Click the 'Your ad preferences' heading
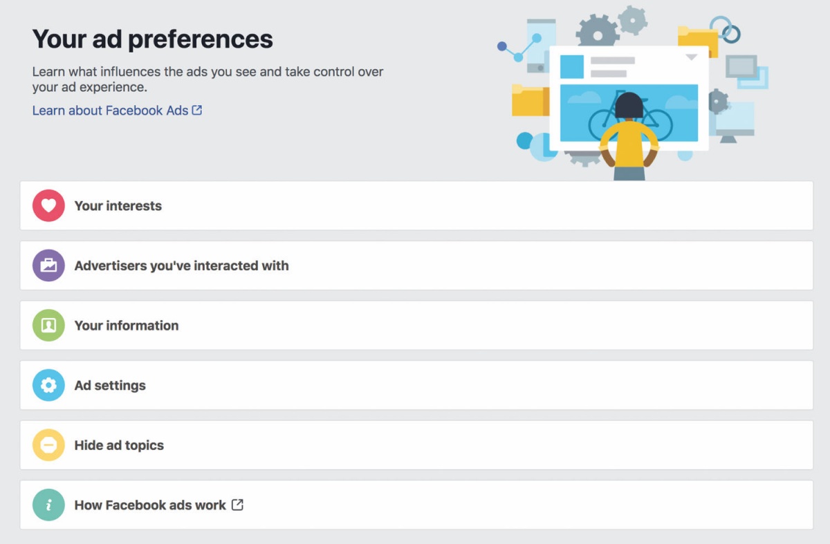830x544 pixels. (152, 39)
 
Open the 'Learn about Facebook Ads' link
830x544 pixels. (117, 111)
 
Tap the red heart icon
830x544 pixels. (48, 205)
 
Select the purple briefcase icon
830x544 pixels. (48, 265)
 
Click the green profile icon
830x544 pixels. (48, 325)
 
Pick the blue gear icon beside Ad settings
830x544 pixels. (48, 385)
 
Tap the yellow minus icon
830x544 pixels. (48, 444)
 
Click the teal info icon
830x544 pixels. (48, 505)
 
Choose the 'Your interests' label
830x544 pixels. (118, 206)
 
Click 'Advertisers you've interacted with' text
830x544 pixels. (181, 265)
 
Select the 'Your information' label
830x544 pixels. (127, 326)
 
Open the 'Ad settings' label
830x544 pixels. (110, 386)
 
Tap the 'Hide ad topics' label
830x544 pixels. (119, 445)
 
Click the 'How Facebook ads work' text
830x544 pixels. (150, 505)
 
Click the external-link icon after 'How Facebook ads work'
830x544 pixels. (237, 505)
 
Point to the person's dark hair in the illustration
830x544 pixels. (629, 105)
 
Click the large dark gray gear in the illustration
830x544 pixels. (598, 32)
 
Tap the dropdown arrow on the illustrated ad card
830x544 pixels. (691, 57)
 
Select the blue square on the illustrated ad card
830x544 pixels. (572, 66)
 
